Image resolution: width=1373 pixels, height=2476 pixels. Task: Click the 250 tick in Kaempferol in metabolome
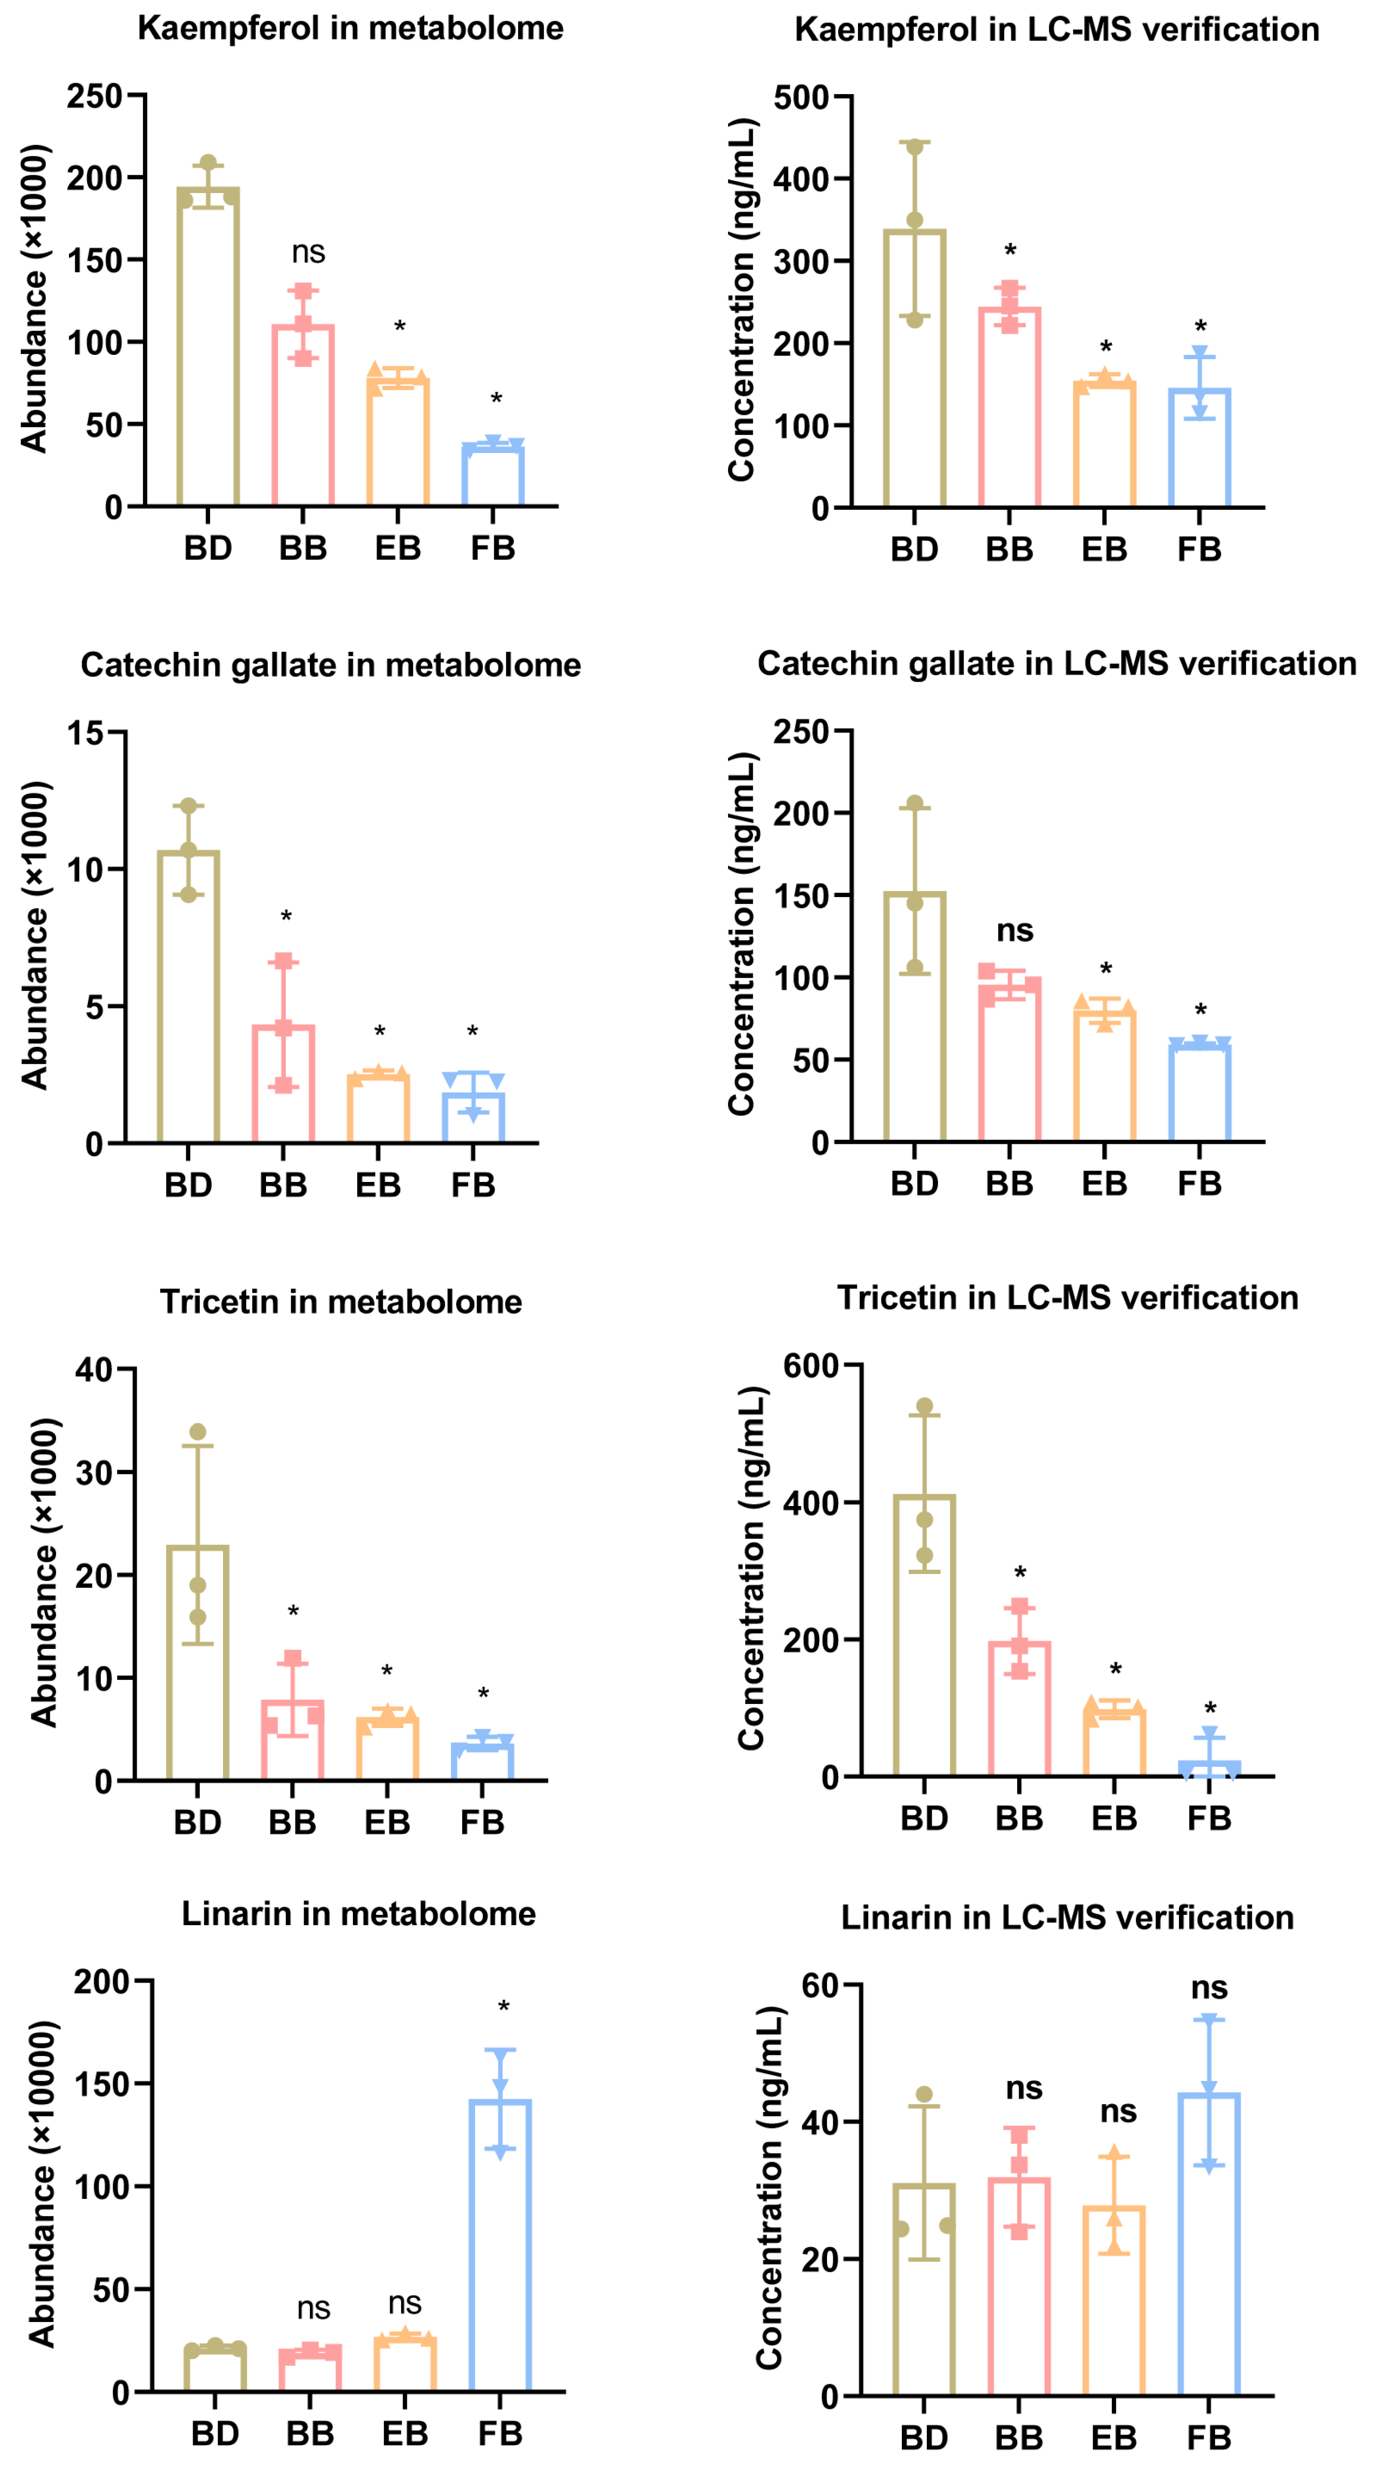pos(94,96)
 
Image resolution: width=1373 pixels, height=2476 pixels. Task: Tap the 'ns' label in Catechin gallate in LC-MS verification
pos(1015,930)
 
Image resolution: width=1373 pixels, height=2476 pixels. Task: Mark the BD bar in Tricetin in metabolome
pos(198,1663)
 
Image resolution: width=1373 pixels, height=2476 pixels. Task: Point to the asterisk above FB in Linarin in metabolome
pos(504,2007)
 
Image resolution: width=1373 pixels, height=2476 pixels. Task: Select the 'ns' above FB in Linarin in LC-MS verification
pos(1209,1987)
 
